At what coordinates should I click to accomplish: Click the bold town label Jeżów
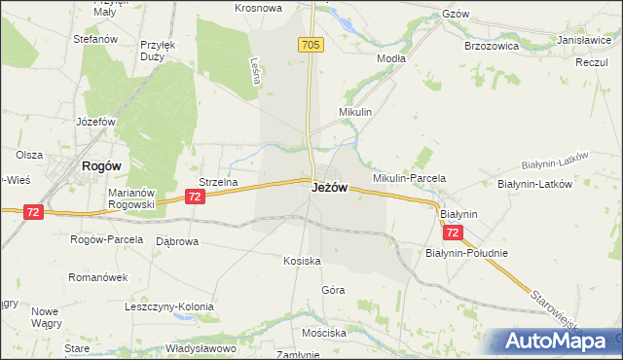pos(329,187)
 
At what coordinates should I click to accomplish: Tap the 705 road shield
pos(311,45)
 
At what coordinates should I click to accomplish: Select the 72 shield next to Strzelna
pos(196,197)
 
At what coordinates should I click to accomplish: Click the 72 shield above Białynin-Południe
pos(453,234)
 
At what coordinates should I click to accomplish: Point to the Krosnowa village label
pos(258,8)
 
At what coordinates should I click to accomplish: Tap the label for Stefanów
pos(95,39)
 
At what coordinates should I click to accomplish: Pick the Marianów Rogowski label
pos(131,198)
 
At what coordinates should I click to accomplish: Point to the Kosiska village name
pos(302,261)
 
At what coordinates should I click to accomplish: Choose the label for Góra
pos(333,290)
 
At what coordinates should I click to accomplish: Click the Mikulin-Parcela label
pos(409,178)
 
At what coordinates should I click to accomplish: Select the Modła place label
pos(390,58)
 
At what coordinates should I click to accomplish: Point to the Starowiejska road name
pos(564,308)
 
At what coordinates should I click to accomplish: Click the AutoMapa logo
pos(556,342)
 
